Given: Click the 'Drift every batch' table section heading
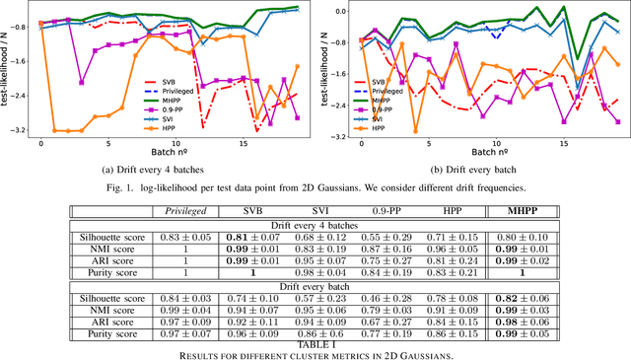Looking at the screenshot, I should pyautogui.click(x=315, y=285).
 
